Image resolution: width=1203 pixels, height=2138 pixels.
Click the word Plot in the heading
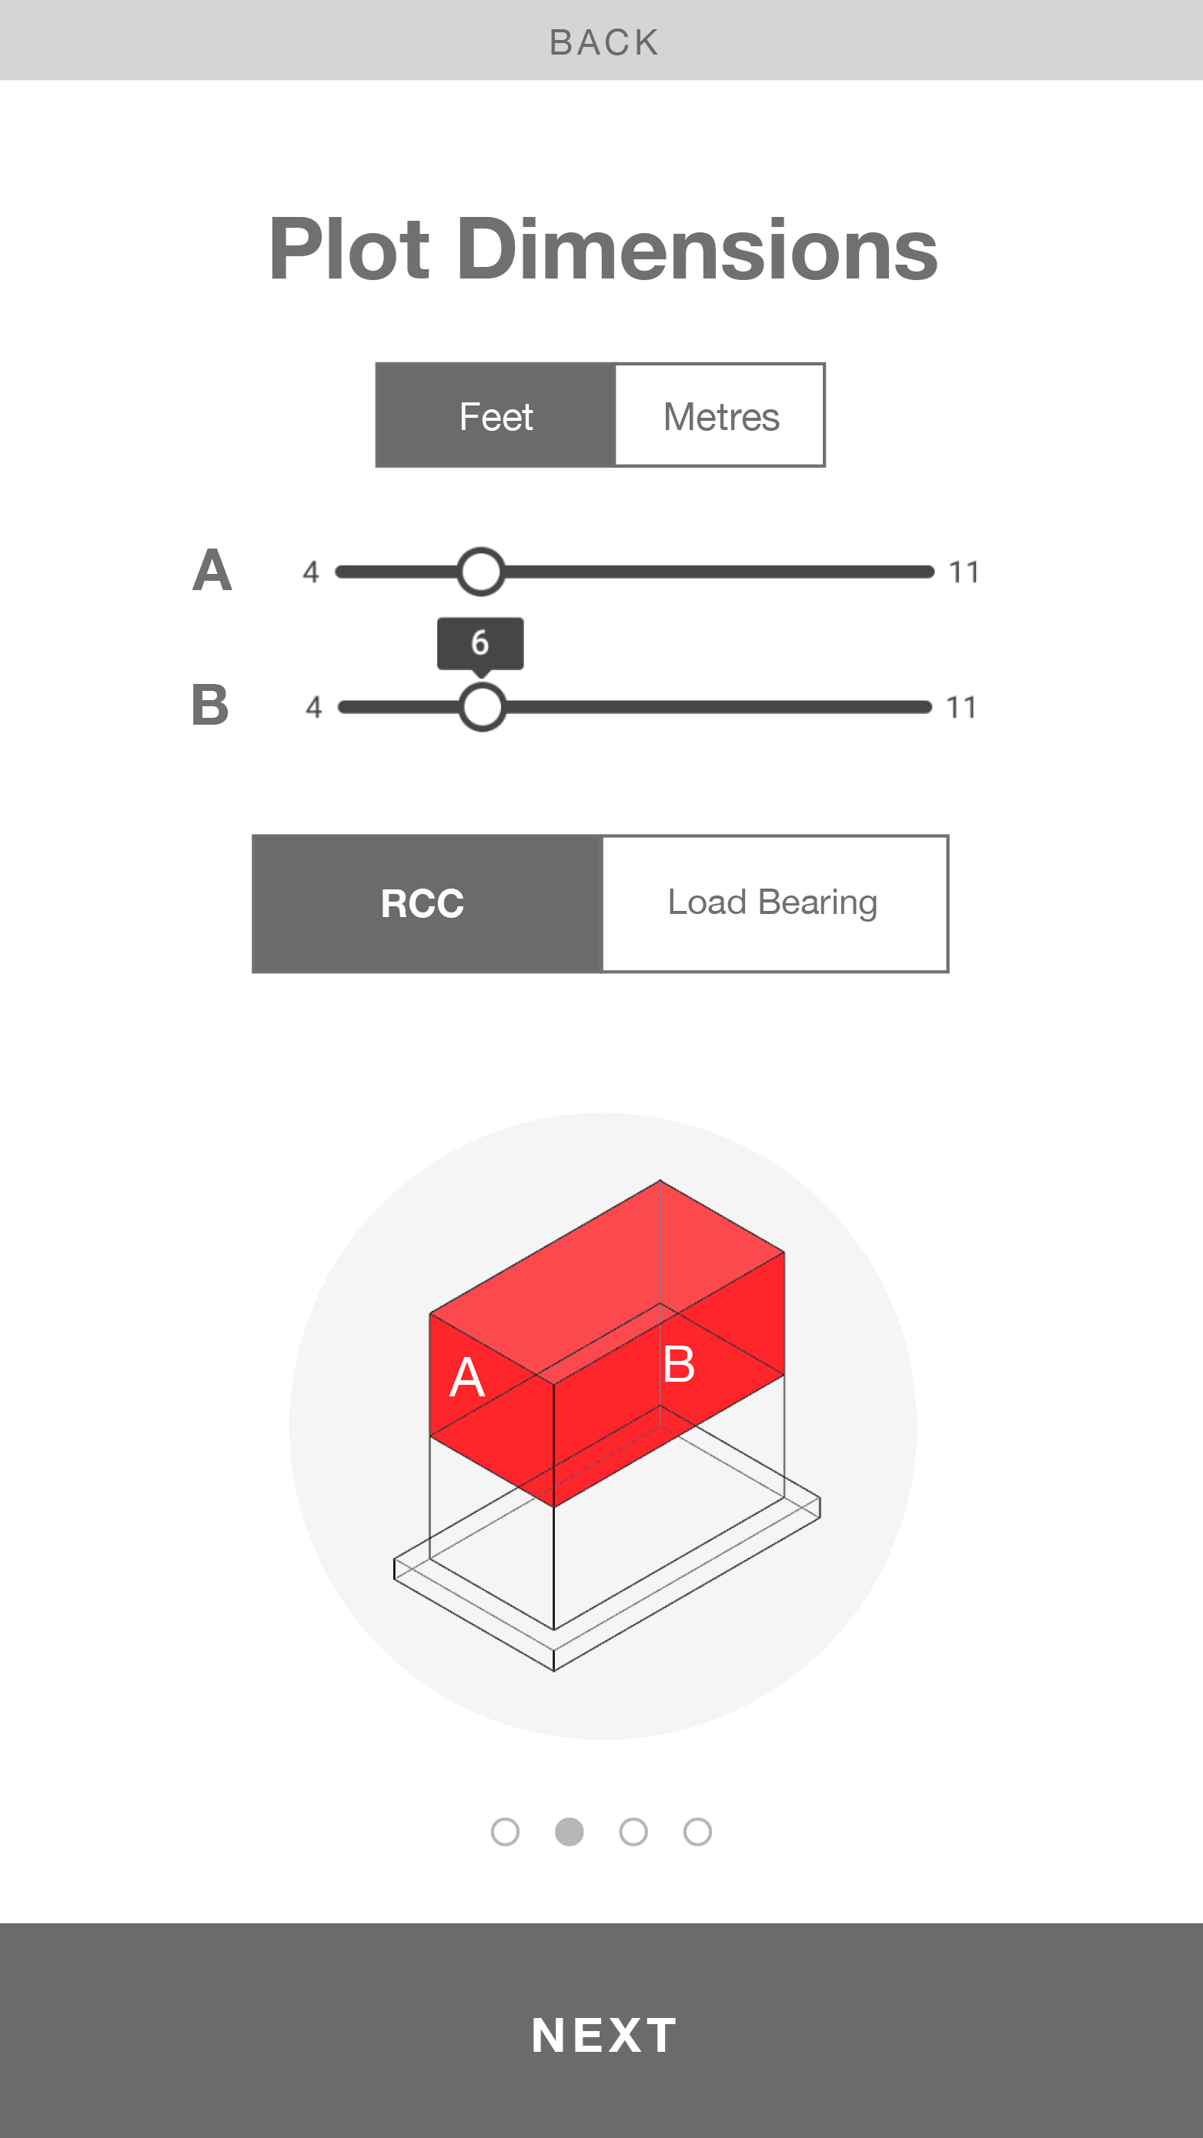pyautogui.click(x=349, y=249)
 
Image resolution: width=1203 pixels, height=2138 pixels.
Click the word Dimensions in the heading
pyautogui.click(x=697, y=249)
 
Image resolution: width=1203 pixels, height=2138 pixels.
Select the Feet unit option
pyautogui.click(x=496, y=415)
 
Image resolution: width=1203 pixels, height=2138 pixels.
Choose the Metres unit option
pyautogui.click(x=720, y=415)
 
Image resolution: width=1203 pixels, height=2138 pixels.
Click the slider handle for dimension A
pyautogui.click(x=481, y=571)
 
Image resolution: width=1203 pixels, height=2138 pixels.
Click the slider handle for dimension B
pyautogui.click(x=483, y=706)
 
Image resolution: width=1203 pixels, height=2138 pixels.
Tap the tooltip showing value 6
pyautogui.click(x=480, y=644)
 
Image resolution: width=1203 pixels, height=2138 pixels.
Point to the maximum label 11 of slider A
pyautogui.click(x=963, y=572)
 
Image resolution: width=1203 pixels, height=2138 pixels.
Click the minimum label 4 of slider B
pyautogui.click(x=314, y=707)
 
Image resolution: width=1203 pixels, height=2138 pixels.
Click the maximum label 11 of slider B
pyautogui.click(x=961, y=707)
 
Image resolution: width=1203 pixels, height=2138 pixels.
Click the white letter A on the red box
pyautogui.click(x=466, y=1377)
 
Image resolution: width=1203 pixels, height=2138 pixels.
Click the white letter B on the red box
pyautogui.click(x=679, y=1363)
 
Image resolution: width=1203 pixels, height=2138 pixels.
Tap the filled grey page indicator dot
pyautogui.click(x=569, y=1832)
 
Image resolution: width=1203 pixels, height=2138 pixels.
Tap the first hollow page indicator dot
pyautogui.click(x=505, y=1832)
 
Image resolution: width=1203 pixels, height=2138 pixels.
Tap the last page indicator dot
pyautogui.click(x=697, y=1832)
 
